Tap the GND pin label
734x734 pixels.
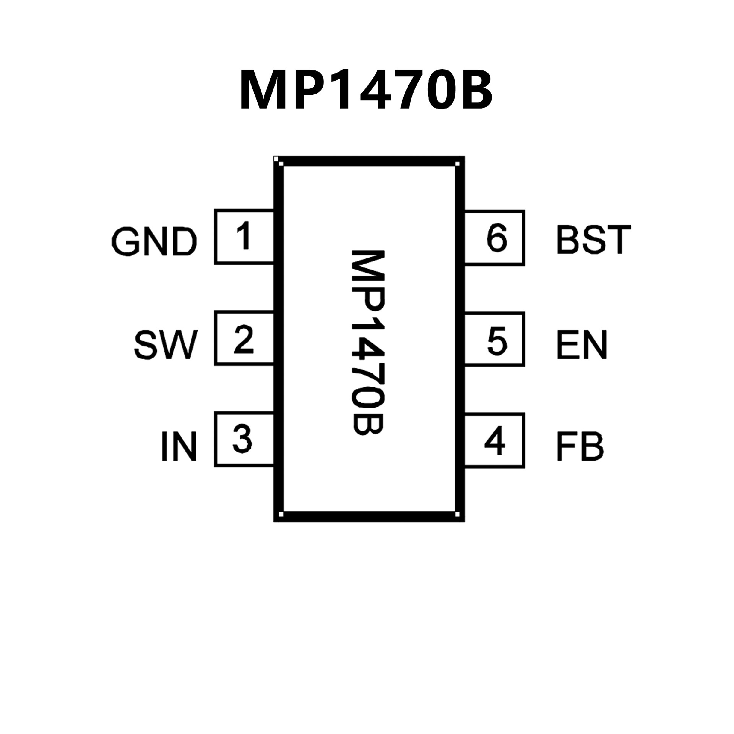click(154, 242)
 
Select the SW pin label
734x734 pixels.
click(166, 345)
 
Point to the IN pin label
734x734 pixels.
click(179, 446)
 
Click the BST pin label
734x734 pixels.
click(593, 239)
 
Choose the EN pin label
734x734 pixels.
click(582, 345)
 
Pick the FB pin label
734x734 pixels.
click(580, 446)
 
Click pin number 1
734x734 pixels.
click(244, 236)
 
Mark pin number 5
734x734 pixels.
click(497, 340)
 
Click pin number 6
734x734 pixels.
click(497, 238)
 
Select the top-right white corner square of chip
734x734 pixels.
click(458, 164)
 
